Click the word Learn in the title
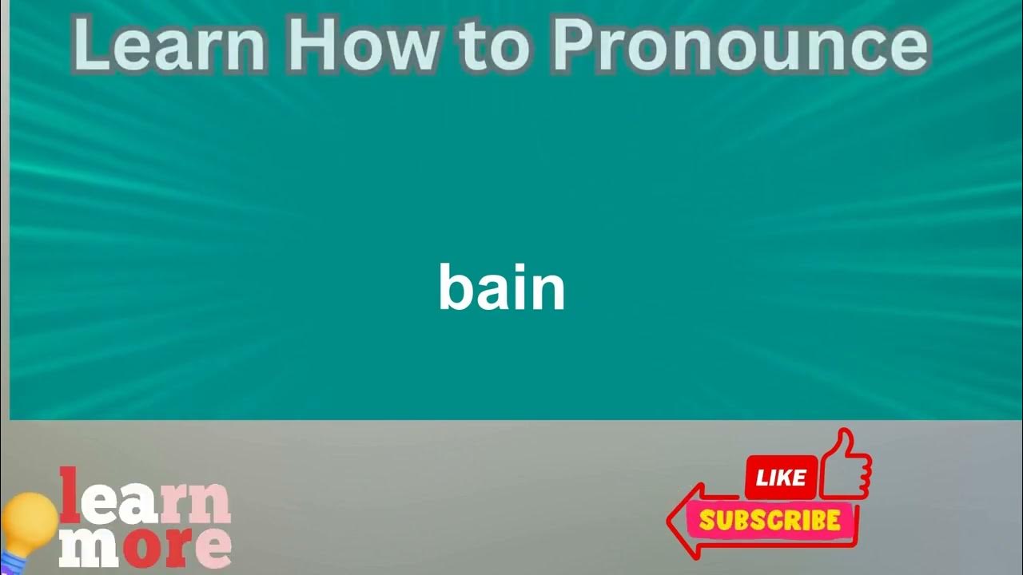click(169, 46)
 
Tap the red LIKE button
click(781, 478)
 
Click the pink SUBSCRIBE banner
click(770, 521)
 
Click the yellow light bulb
click(27, 522)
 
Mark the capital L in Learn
click(90, 46)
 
